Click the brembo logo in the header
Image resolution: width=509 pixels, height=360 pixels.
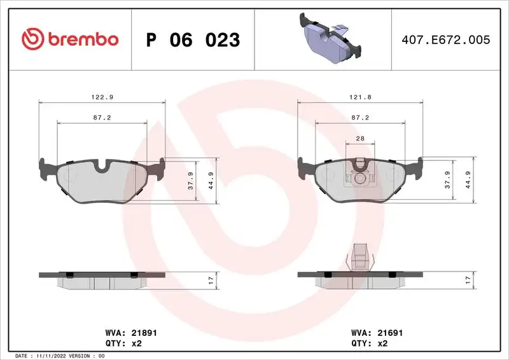70,39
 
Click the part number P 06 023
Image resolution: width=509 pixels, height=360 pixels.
193,40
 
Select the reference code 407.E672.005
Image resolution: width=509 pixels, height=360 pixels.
446,39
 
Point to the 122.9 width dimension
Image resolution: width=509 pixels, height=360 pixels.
102,97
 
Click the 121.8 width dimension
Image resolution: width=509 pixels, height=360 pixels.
361,97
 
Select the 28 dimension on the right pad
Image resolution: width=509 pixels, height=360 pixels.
360,138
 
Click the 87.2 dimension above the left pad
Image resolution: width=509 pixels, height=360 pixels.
102,118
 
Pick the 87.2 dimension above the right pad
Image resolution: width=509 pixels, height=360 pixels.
361,118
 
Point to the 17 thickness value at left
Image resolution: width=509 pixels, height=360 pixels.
209,279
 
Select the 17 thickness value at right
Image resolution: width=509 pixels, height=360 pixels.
468,279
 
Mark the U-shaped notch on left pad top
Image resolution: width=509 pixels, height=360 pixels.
102,167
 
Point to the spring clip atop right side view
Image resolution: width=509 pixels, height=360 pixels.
361,257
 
